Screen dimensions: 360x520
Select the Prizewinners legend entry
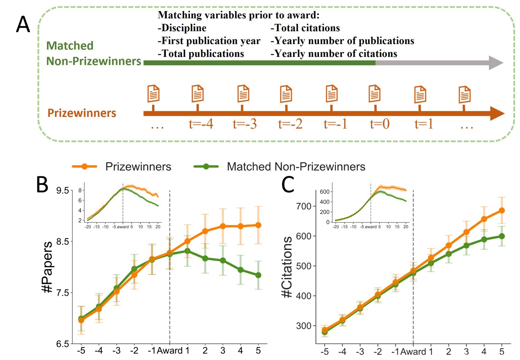tap(138, 166)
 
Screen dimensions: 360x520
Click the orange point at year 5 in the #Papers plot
tap(258, 225)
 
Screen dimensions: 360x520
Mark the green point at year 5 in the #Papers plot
tap(258, 275)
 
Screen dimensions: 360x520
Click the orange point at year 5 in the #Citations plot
tap(502, 211)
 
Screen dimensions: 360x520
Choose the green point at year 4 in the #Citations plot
tap(484, 240)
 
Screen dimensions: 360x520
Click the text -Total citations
tap(305, 29)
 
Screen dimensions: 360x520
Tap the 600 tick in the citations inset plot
tap(324, 191)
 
